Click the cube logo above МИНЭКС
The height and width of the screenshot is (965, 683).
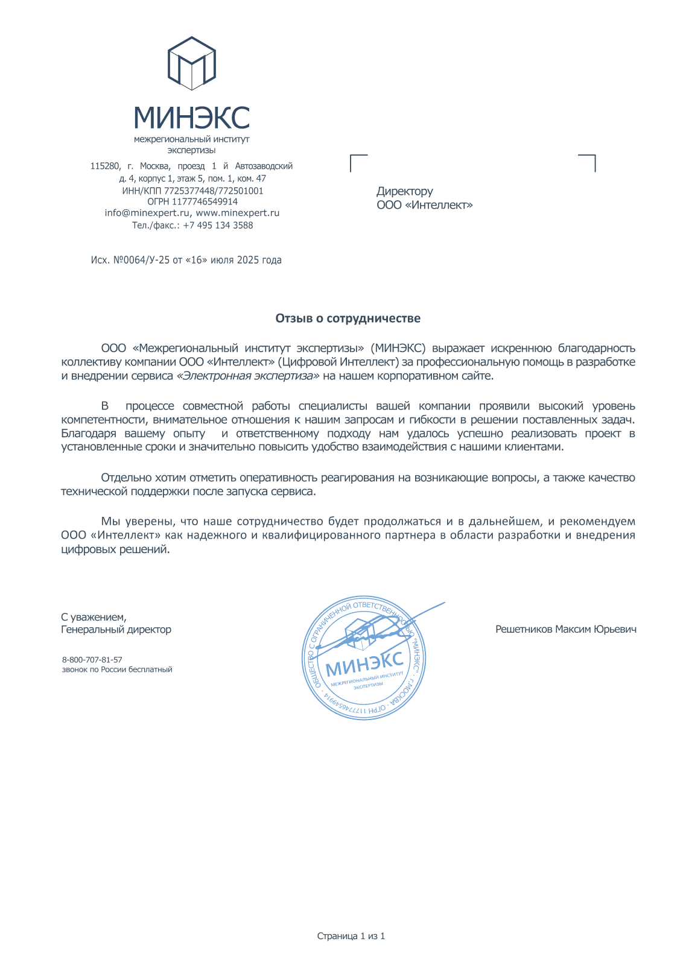tap(191, 63)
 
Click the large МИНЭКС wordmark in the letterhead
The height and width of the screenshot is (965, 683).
tap(191, 117)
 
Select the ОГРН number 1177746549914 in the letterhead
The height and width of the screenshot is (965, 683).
tap(205, 201)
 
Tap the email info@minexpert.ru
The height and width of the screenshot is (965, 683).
tap(147, 213)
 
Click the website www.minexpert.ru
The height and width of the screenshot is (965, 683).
tap(238, 213)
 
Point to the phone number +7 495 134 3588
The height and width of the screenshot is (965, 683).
tap(218, 225)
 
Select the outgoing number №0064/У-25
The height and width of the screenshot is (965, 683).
tap(142, 260)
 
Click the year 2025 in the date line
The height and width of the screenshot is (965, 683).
tap(248, 260)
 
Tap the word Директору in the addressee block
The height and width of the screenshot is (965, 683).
tap(405, 191)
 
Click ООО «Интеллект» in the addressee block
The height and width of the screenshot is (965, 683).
tap(424, 205)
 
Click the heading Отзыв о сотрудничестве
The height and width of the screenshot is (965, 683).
tap(348, 318)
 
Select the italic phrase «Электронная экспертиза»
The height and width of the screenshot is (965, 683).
tap(247, 376)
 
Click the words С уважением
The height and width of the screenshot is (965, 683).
tap(94, 617)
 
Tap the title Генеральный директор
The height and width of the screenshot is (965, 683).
tap(116, 629)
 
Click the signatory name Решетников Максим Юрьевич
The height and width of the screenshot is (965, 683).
tap(565, 629)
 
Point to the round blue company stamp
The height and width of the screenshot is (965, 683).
tap(364, 659)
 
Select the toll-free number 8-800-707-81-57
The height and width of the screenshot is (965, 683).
tap(92, 660)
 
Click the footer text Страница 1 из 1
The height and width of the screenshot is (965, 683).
tap(351, 936)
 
